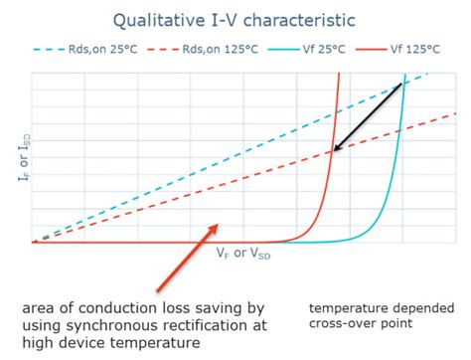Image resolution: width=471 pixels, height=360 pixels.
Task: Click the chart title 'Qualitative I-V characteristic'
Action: coord(235,19)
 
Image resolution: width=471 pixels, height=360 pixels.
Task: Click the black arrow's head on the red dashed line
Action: coord(336,150)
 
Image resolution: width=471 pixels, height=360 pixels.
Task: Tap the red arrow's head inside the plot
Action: coord(216,227)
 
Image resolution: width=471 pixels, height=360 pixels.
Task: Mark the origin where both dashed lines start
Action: coord(33,242)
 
